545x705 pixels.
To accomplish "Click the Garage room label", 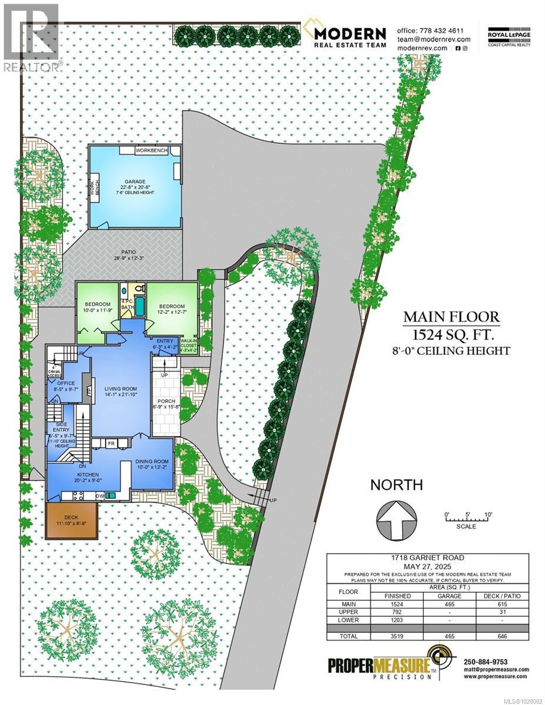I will click(134, 182).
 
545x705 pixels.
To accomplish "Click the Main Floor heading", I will click(451, 318).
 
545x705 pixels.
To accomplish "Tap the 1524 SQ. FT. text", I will click(451, 335).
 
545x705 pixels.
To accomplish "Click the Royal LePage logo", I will click(509, 35).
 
